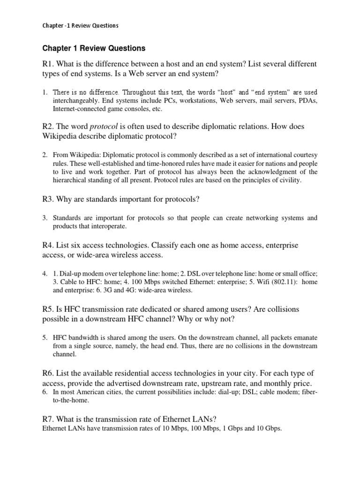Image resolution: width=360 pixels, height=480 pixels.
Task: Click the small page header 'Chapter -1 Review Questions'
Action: click(80, 26)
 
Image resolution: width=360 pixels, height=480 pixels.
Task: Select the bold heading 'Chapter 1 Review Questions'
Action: click(94, 48)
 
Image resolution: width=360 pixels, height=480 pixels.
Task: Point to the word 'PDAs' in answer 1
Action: click(307, 101)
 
